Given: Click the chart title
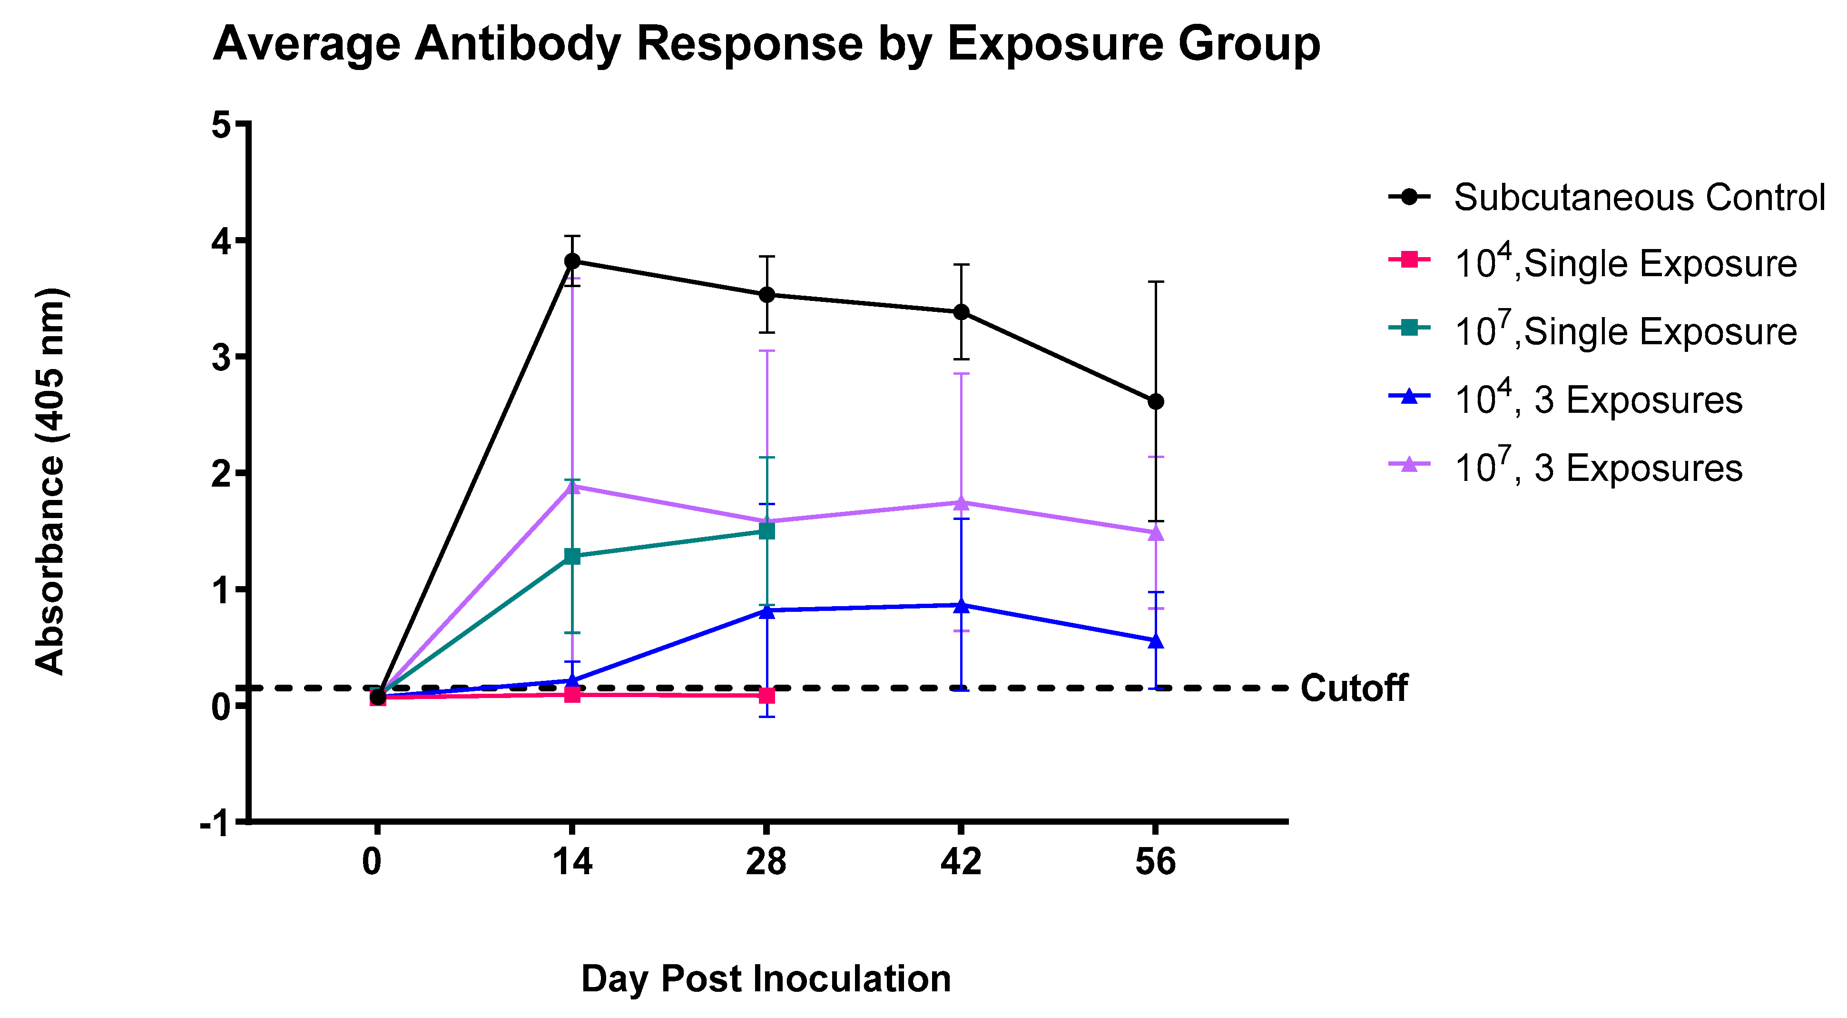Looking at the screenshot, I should point(766,44).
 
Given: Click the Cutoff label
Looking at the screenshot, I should point(1354,688).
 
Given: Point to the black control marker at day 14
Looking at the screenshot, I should point(572,261).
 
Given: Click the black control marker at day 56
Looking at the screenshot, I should point(1156,402).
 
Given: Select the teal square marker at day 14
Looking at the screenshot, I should point(572,556).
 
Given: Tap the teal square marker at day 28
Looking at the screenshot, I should point(767,531).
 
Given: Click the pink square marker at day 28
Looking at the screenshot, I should point(767,695).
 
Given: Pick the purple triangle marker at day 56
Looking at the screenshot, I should point(1156,533).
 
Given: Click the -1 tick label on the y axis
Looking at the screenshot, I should point(215,824).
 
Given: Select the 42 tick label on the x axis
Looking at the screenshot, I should point(961,862).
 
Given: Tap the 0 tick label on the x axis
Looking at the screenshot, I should point(372,862).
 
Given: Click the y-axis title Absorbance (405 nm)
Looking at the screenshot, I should point(50,480).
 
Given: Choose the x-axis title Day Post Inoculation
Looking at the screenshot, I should point(766,978).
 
